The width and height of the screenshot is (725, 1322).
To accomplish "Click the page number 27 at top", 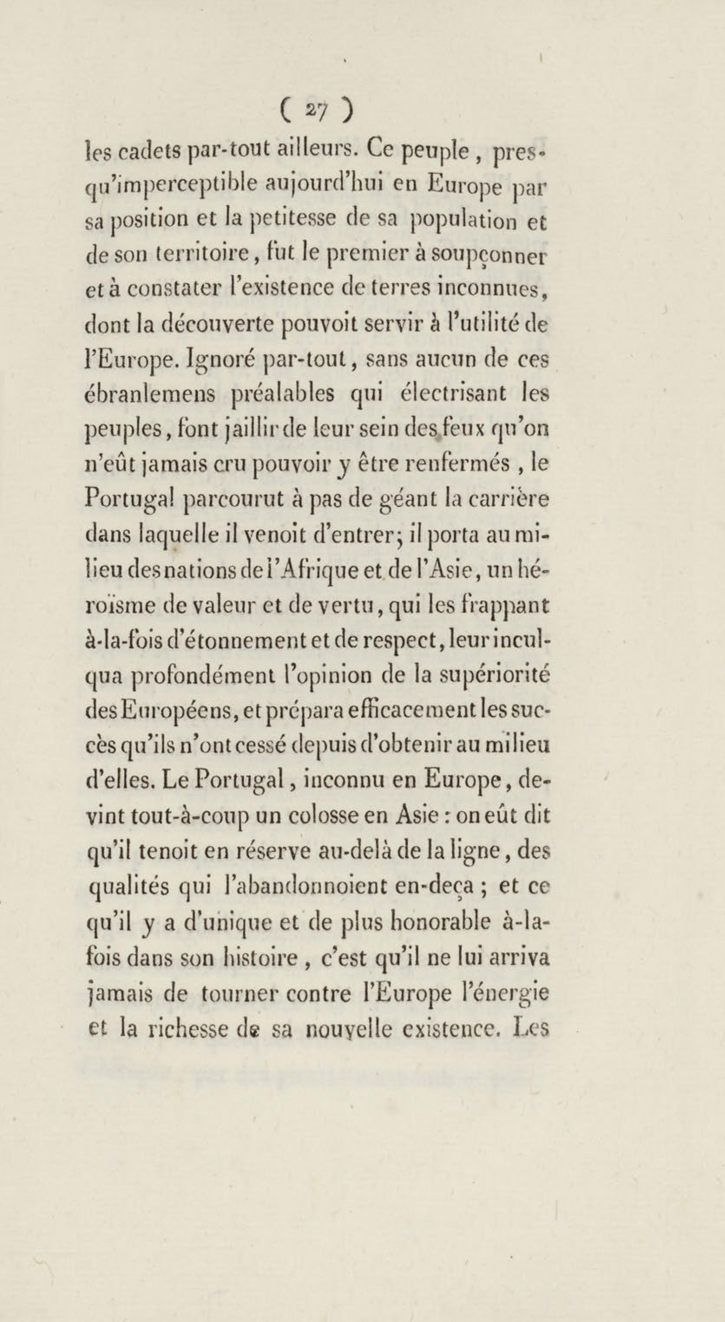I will click(316, 112).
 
